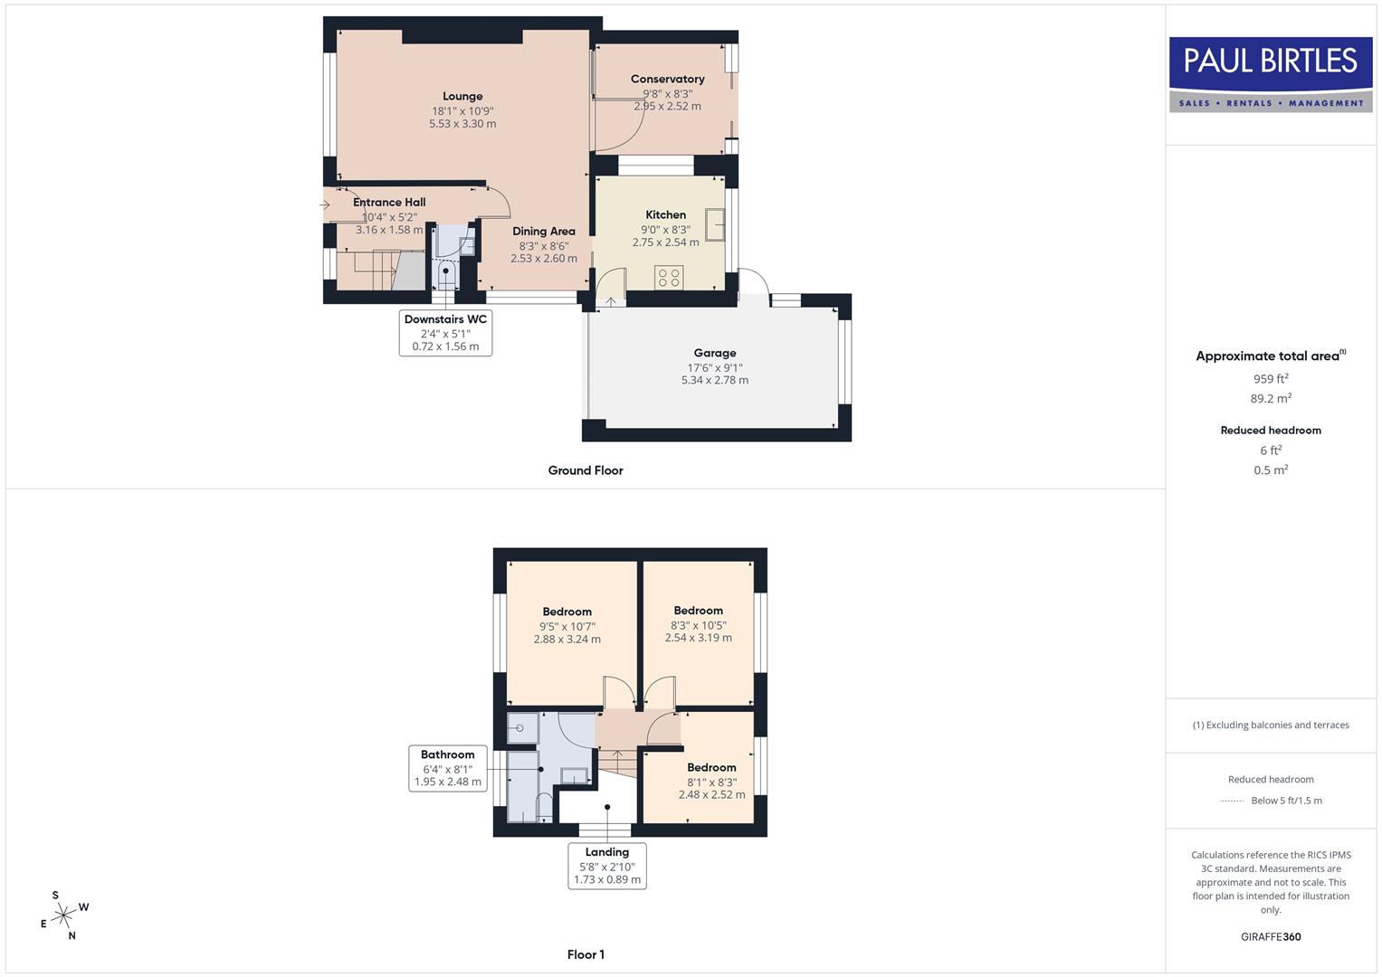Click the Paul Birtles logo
pyautogui.click(x=1271, y=74)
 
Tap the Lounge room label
pyautogui.click(x=462, y=97)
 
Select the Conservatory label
pyautogui.click(x=667, y=80)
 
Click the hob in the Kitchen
pyautogui.click(x=670, y=277)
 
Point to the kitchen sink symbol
pyautogui.click(x=715, y=224)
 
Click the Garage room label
pyautogui.click(x=715, y=354)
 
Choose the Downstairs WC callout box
pyautogui.click(x=445, y=333)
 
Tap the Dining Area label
pyautogui.click(x=543, y=232)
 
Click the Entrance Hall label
pyautogui.click(x=389, y=203)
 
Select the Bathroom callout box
pyautogui.click(x=447, y=768)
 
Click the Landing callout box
pyautogui.click(x=606, y=866)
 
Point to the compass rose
pyautogui.click(x=63, y=916)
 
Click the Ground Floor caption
pyautogui.click(x=586, y=470)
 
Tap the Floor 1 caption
pyautogui.click(x=586, y=954)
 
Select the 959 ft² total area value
pyautogui.click(x=1271, y=379)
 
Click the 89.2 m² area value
pyautogui.click(x=1271, y=398)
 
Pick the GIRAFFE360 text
pyautogui.click(x=1271, y=937)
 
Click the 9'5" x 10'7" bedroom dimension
pyautogui.click(x=567, y=626)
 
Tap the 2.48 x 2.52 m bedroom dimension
pyautogui.click(x=711, y=795)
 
